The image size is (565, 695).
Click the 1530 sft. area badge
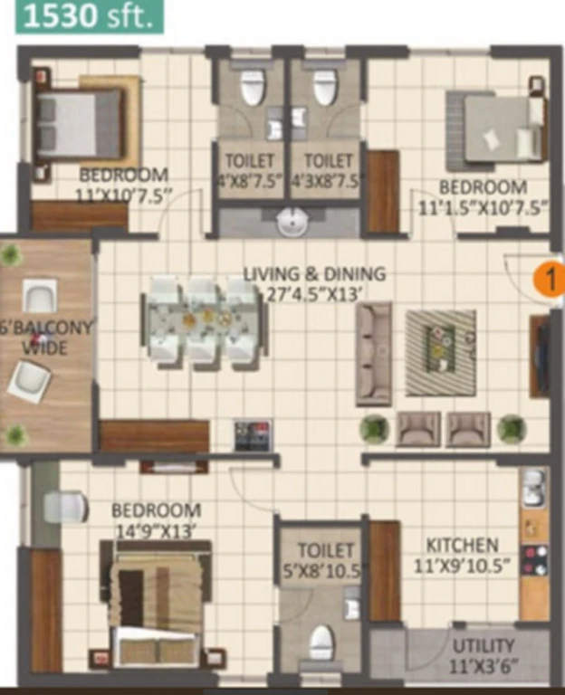[90, 17]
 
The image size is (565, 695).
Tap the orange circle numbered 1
[549, 280]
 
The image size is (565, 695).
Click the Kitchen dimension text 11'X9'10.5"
[461, 566]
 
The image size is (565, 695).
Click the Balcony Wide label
[45, 338]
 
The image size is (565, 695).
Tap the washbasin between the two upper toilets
[292, 222]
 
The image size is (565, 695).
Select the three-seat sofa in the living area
[374, 354]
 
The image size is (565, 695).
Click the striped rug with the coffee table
[441, 353]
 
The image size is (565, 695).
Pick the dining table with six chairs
[205, 323]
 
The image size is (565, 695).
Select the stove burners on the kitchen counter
[534, 561]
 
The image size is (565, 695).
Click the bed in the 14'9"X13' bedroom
[156, 605]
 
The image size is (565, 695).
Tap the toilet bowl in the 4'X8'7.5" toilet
[253, 88]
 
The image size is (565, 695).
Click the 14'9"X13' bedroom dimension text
[155, 531]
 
